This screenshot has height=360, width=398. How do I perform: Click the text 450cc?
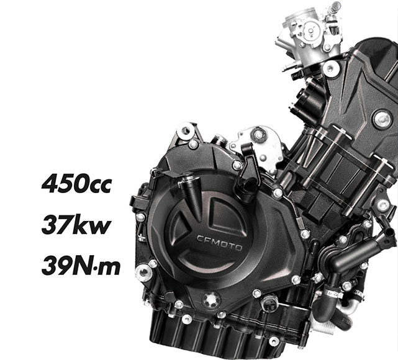(x=76, y=183)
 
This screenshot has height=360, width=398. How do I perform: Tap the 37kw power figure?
(x=76, y=225)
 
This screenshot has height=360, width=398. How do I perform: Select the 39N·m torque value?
(x=81, y=266)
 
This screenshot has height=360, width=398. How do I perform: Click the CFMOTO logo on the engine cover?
(x=220, y=243)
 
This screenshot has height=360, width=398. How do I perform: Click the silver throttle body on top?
(x=310, y=33)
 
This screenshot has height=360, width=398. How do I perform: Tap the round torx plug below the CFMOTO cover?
(x=211, y=300)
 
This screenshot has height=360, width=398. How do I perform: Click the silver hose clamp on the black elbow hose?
(x=335, y=294)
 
